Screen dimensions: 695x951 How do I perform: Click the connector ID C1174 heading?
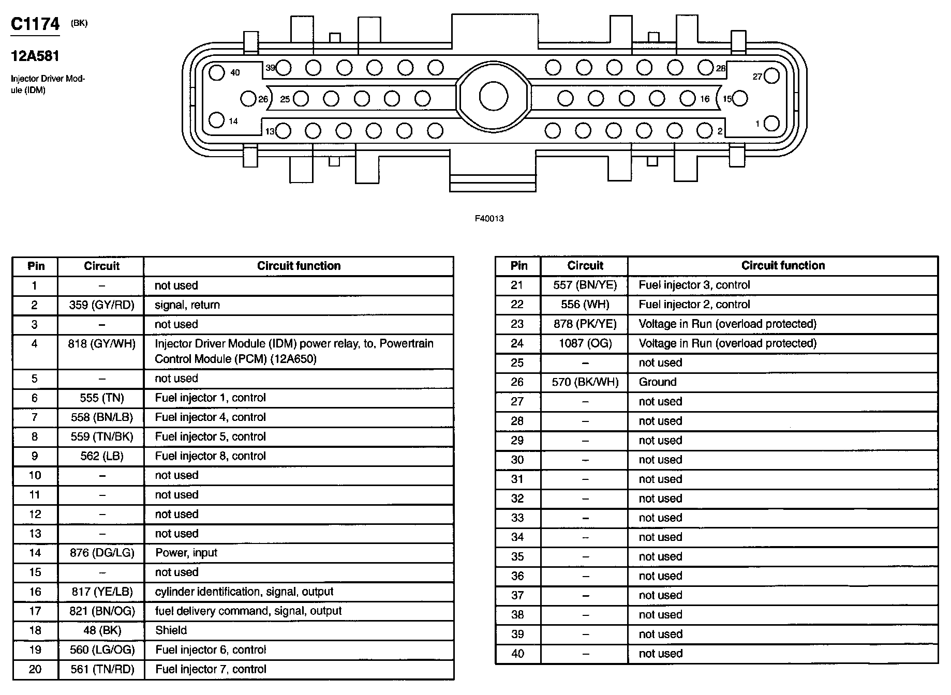click(x=35, y=25)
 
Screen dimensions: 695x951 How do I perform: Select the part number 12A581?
click(x=35, y=56)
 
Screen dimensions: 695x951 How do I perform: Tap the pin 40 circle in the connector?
click(x=217, y=72)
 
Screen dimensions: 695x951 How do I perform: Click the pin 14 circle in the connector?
click(x=217, y=120)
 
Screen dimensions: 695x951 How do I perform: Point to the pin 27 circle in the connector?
click(x=771, y=76)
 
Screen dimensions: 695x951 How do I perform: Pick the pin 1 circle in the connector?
click(x=771, y=124)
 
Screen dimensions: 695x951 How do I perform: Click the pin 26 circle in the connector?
click(x=249, y=98)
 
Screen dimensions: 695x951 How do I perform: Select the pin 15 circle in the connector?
click(x=740, y=98)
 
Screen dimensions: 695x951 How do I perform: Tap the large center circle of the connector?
click(x=493, y=97)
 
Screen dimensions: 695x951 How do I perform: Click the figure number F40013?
click(x=489, y=219)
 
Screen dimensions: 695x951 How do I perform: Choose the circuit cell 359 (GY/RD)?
click(x=101, y=305)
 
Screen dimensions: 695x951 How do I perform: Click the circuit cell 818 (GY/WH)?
click(x=101, y=344)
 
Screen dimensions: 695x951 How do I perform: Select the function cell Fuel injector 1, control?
click(x=210, y=398)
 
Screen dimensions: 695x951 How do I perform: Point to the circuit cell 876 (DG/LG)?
click(x=101, y=553)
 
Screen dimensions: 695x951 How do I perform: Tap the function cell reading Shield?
click(x=171, y=630)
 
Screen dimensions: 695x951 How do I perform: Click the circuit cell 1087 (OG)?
click(x=585, y=343)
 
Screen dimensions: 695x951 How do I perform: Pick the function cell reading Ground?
click(x=657, y=382)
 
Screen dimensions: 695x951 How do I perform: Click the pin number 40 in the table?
click(x=517, y=654)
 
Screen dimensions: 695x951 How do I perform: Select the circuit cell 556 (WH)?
click(x=585, y=305)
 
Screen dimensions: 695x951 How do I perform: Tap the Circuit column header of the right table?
click(x=585, y=266)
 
